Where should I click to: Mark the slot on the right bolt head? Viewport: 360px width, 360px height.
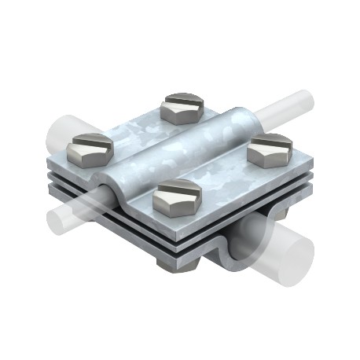[x=271, y=141]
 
